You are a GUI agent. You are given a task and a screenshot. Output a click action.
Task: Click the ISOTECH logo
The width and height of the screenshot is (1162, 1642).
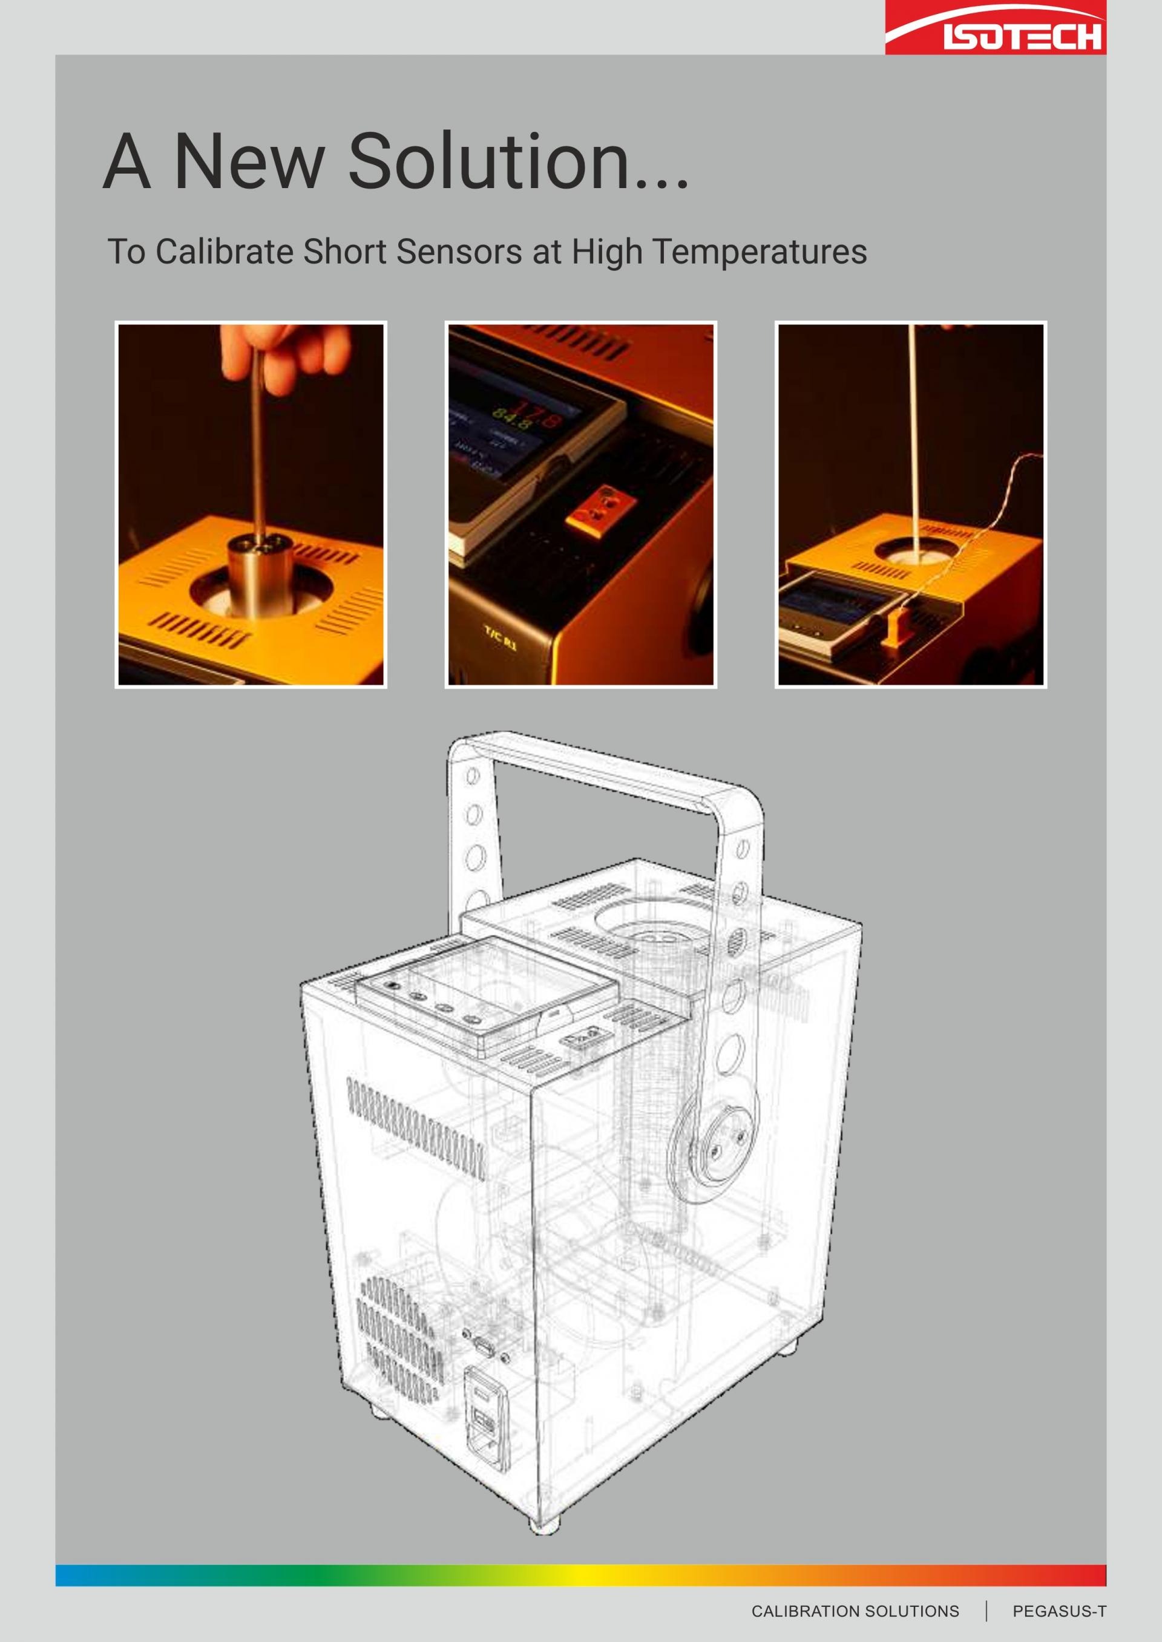click(x=996, y=27)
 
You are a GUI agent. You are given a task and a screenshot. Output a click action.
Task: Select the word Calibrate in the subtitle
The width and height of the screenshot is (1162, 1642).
click(x=225, y=252)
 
